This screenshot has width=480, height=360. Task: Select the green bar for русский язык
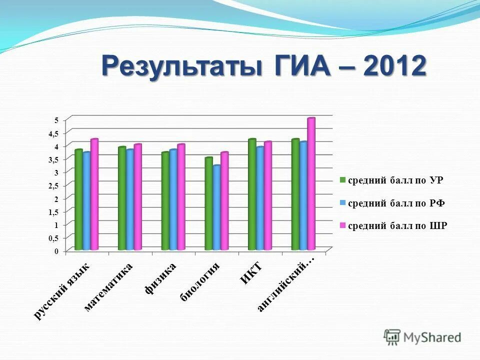pos(78,199)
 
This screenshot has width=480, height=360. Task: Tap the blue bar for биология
pos(216,207)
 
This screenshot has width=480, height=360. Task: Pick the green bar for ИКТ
pos(252,194)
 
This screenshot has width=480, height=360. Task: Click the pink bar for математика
pos(138,197)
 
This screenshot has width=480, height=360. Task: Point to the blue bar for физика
pos(173,199)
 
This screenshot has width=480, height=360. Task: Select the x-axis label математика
pos(108,287)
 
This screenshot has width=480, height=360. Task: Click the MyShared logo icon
pos(392,337)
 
